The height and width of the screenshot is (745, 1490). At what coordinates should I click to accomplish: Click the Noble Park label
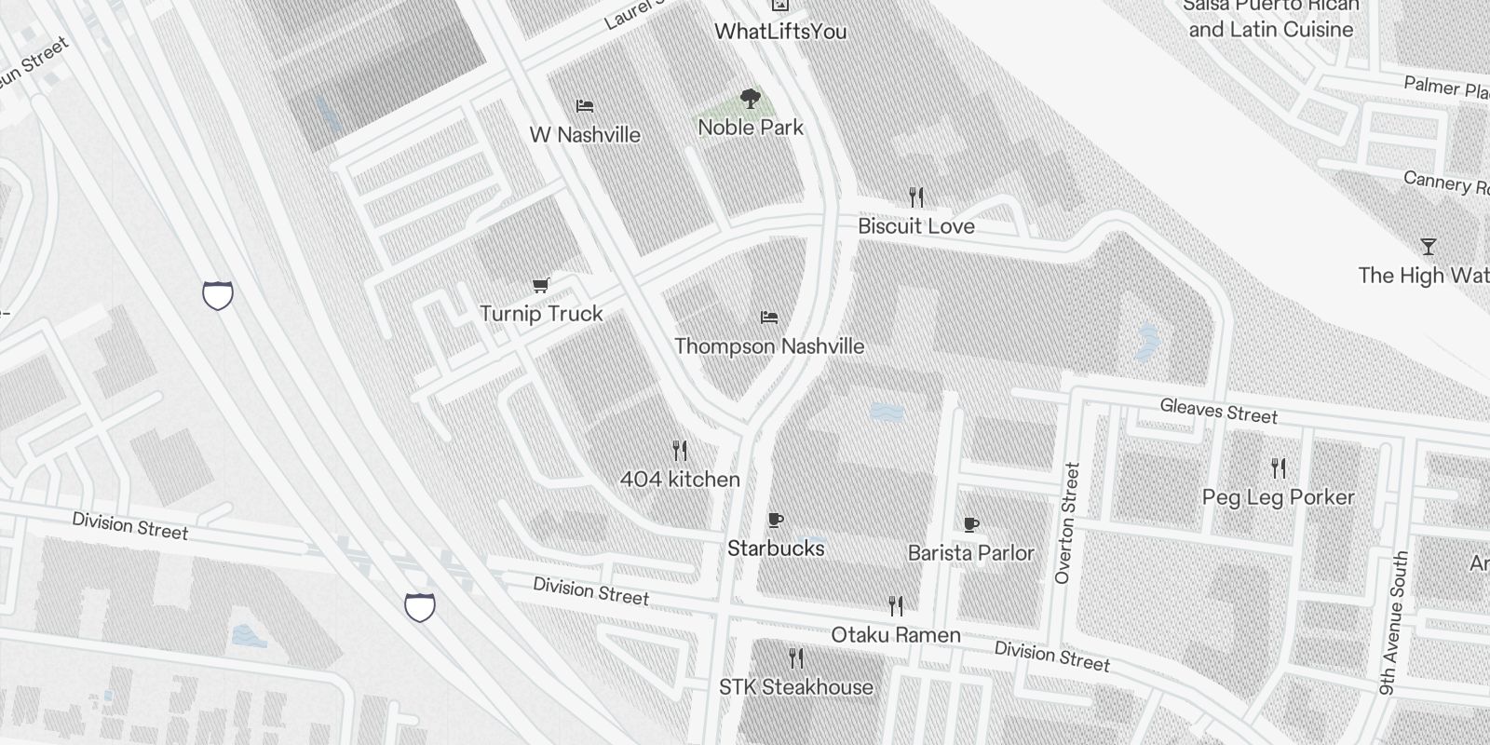[750, 128]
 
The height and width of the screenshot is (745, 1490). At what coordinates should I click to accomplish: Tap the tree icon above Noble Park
[750, 98]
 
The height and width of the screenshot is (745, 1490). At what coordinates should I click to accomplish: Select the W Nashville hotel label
[585, 135]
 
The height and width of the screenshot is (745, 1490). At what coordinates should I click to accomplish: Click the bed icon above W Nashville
[585, 105]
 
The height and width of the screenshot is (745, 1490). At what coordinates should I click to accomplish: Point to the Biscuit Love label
[915, 226]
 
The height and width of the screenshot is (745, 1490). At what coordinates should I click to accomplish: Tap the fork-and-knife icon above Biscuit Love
[916, 196]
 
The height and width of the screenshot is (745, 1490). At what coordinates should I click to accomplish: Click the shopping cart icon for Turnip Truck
[540, 285]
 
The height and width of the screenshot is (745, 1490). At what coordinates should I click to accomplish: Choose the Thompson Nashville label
[769, 346]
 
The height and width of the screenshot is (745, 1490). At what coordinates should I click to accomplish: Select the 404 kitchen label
[680, 480]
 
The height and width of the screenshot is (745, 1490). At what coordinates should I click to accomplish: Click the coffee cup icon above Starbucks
[776, 520]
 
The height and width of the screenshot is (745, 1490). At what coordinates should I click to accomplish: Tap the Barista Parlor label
[970, 553]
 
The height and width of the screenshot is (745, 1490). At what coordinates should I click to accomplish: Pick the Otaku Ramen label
[895, 635]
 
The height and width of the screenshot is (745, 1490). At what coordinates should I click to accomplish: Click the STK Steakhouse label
[796, 687]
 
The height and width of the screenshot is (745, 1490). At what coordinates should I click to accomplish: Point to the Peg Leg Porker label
[1278, 497]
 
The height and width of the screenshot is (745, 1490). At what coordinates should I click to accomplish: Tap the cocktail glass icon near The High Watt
[1428, 247]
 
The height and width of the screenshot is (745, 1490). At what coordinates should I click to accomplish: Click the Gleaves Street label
[1218, 411]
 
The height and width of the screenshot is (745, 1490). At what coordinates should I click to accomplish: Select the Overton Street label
[1066, 523]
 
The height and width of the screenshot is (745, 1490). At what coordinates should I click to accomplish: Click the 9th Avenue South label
[1394, 622]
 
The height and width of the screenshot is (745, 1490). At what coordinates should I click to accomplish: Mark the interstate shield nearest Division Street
[420, 607]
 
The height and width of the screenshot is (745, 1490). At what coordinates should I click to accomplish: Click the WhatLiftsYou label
[780, 32]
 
